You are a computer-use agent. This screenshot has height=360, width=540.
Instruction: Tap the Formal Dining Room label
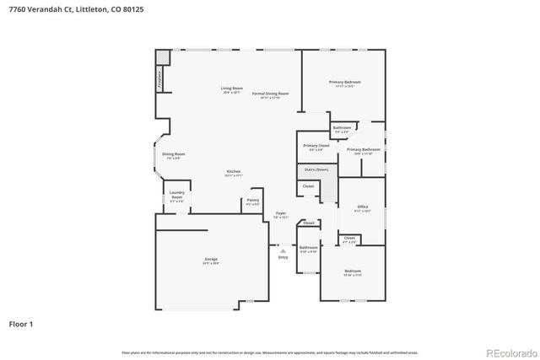click(x=270, y=94)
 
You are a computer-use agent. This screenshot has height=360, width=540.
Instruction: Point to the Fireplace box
click(x=160, y=78)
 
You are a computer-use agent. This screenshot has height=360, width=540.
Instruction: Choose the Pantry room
click(x=252, y=202)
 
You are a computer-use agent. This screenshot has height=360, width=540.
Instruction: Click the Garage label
click(x=210, y=261)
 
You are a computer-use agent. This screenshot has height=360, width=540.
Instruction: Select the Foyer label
click(x=281, y=215)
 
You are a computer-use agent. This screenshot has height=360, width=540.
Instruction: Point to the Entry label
click(x=283, y=256)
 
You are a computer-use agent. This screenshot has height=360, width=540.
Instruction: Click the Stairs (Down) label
click(x=316, y=169)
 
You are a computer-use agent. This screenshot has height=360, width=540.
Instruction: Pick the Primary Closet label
click(x=316, y=147)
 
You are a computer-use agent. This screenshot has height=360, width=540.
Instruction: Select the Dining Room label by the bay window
click(x=174, y=155)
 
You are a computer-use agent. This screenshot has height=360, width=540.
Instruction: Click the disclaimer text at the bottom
click(x=269, y=352)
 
